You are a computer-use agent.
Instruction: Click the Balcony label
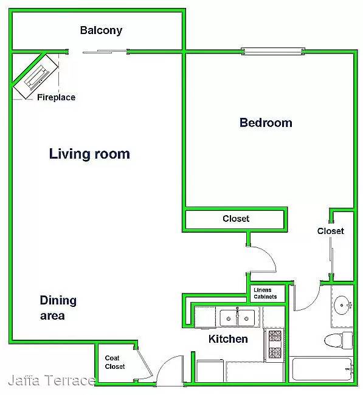(x=101, y=30)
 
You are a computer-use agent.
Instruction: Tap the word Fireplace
(x=56, y=97)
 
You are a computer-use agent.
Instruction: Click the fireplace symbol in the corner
(x=36, y=76)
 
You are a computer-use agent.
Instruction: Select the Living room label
(x=89, y=154)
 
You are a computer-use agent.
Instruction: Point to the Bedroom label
(x=266, y=123)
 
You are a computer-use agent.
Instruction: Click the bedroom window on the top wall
(x=273, y=52)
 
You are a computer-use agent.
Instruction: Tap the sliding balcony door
(x=105, y=52)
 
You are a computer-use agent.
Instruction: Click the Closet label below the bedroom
(x=236, y=218)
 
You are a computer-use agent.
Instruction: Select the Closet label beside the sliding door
(x=331, y=231)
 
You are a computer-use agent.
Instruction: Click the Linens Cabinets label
(x=265, y=294)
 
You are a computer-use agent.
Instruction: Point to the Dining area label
(x=58, y=307)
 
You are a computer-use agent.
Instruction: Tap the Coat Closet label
(x=115, y=362)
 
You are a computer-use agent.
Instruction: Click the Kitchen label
(x=228, y=339)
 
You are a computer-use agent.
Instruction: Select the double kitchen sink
(x=237, y=318)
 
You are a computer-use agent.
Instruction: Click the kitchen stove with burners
(x=274, y=345)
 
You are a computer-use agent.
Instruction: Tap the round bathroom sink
(x=342, y=305)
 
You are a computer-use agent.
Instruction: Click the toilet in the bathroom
(x=338, y=340)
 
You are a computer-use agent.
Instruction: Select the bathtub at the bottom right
(x=322, y=369)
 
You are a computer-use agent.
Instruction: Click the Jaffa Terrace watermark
(x=52, y=380)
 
